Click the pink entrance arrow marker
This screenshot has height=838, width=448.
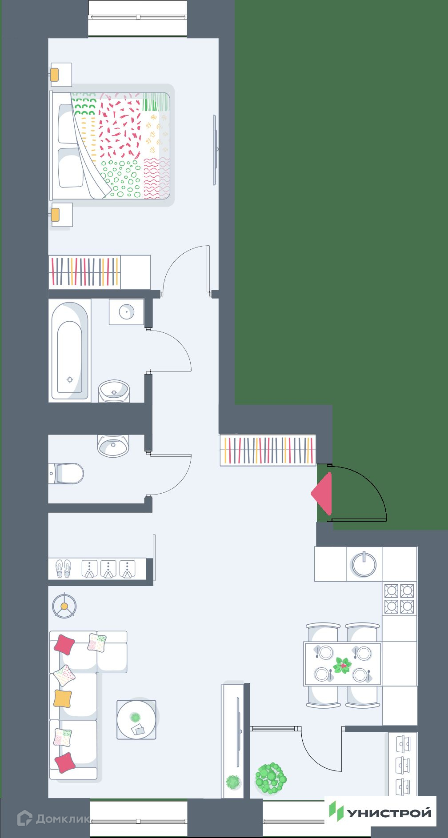323,494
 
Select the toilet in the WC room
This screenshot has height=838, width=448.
66,474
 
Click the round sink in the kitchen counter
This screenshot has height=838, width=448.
364,564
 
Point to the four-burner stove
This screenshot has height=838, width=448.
400,599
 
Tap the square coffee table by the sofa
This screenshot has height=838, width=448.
136,719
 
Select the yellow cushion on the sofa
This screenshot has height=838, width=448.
63,698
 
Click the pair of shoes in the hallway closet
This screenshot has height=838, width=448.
63,568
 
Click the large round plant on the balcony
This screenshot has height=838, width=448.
270,778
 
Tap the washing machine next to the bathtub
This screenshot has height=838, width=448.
127,312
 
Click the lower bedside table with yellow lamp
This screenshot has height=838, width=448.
61,215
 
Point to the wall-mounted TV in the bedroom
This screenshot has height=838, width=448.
215,150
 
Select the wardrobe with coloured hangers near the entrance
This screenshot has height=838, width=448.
268,450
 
